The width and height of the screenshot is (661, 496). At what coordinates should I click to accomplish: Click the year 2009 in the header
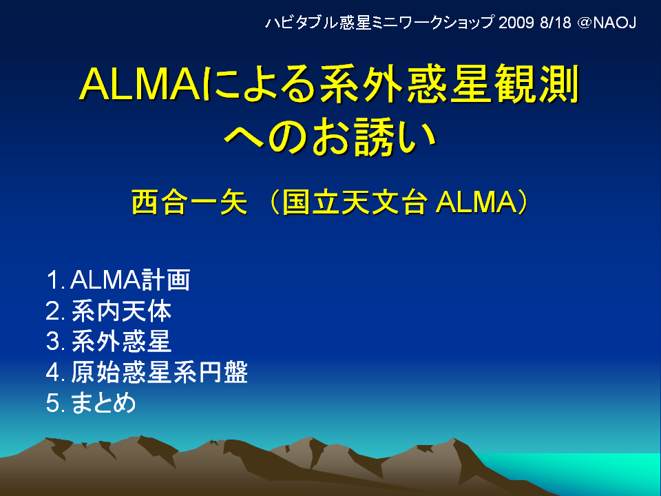(516, 22)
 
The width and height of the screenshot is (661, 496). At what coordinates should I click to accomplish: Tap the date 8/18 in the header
(556, 22)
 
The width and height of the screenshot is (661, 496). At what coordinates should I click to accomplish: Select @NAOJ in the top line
(607, 23)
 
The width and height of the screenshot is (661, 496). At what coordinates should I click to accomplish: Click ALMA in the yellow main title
(140, 84)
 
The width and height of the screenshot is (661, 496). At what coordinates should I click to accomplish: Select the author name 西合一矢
(189, 203)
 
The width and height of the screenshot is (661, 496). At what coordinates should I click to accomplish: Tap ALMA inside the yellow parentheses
(476, 203)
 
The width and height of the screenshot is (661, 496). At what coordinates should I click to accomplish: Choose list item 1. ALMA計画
(118, 280)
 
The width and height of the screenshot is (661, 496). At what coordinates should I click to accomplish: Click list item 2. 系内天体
(109, 311)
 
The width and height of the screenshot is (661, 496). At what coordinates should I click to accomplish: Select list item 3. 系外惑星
(109, 341)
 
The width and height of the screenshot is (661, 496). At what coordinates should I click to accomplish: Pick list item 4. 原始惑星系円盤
(147, 372)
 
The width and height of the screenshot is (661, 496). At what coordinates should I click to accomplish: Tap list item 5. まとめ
(91, 403)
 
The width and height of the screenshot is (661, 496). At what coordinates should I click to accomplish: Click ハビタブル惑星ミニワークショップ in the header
(379, 22)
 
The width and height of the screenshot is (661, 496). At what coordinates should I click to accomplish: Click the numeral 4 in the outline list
(52, 372)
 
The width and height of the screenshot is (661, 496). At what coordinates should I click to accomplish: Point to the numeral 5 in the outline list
(52, 403)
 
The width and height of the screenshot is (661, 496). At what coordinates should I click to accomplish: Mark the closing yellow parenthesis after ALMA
(523, 203)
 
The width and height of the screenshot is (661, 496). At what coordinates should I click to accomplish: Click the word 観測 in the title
(536, 83)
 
